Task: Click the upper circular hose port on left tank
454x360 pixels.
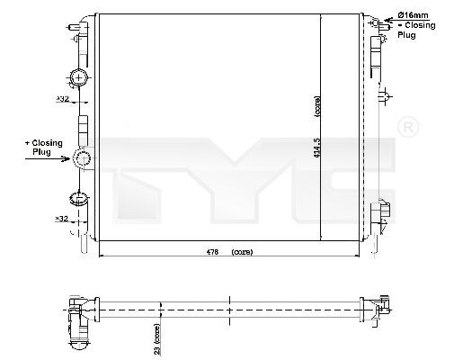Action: [80, 78]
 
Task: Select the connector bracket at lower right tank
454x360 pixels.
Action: [384, 211]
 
